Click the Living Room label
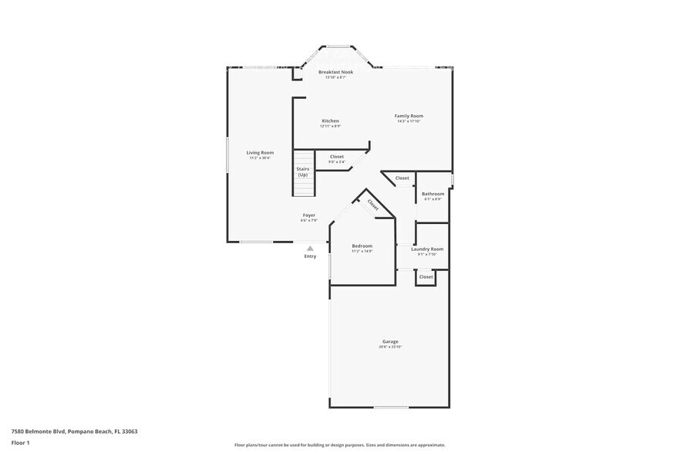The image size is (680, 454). [x=260, y=153]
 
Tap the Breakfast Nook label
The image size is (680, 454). [x=335, y=72]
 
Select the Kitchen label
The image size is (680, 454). [x=330, y=120]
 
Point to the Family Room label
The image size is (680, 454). [x=409, y=116]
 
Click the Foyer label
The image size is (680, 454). [x=308, y=215]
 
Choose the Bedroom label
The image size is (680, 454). [x=362, y=246]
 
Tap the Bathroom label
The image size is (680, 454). [x=433, y=194]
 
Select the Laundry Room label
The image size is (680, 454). [x=427, y=249]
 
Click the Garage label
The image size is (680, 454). [x=390, y=341]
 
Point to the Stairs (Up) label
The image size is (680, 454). [x=303, y=171]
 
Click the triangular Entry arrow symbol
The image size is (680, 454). [x=310, y=248]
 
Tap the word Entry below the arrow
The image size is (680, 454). [x=310, y=256]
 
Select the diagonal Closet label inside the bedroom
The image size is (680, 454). [x=372, y=205]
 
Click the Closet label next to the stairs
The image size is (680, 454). [x=337, y=157]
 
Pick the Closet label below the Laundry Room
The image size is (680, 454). [x=426, y=276]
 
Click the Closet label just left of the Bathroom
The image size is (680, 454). [x=402, y=178]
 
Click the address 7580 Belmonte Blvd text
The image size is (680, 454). [x=74, y=431]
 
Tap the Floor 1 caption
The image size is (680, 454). [x=20, y=442]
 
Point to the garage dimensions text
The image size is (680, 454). [x=390, y=347]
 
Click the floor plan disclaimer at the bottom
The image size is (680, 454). [x=339, y=445]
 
